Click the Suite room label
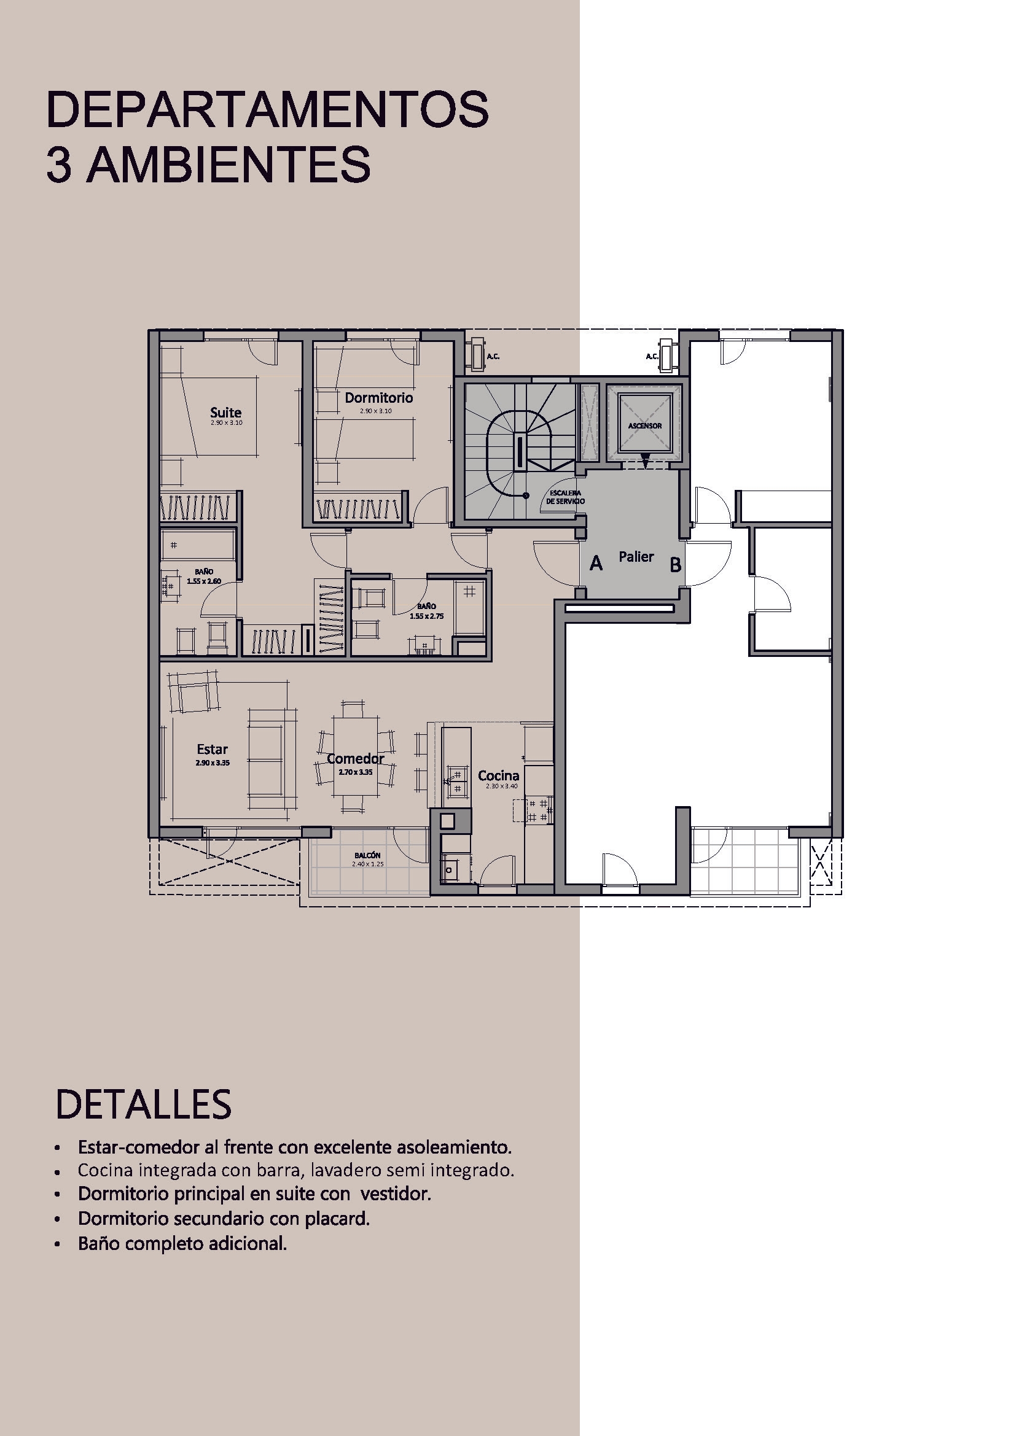point(225,412)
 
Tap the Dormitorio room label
point(378,398)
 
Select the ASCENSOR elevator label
point(644,426)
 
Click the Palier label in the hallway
point(636,557)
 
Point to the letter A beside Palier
point(596,564)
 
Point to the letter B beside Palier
point(675,565)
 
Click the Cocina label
point(498,776)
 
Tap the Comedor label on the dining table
point(355,759)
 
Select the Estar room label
point(212,749)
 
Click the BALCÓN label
point(367,856)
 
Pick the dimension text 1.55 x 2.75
point(427,616)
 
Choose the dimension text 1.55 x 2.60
point(204,581)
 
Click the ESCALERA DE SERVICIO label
point(565,497)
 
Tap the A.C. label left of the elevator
point(493,357)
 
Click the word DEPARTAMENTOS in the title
point(267,110)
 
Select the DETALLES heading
point(143,1104)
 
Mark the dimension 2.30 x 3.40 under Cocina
point(502,786)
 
